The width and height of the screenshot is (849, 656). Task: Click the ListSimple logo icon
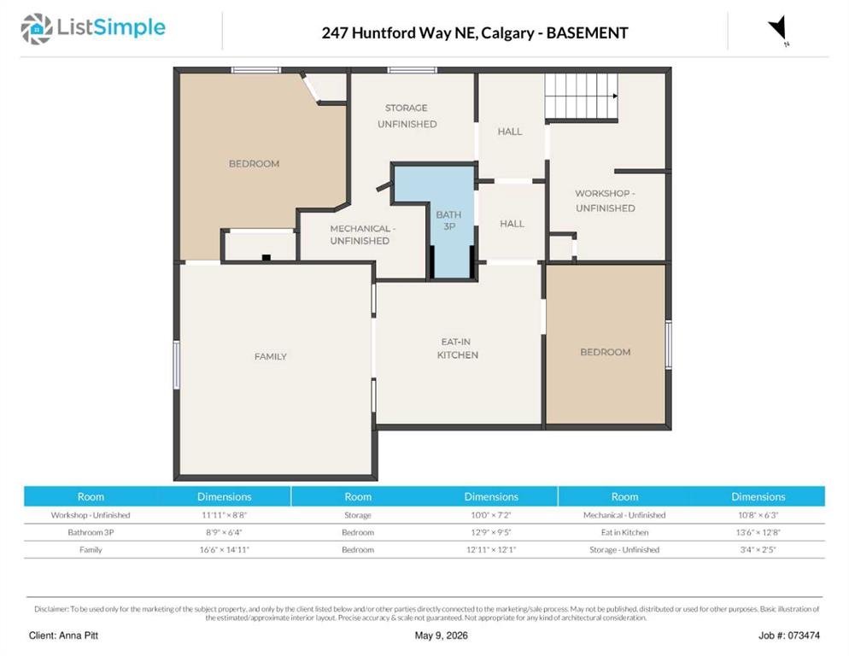coord(36,29)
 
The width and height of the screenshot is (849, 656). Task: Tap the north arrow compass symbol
coord(778,29)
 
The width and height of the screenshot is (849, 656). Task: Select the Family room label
coord(270,356)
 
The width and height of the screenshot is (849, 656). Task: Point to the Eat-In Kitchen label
coord(458,348)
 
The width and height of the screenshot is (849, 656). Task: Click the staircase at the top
coord(582,97)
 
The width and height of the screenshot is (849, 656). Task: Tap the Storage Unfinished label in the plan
coord(407,116)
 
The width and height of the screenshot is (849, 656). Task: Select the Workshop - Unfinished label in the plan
coord(605,201)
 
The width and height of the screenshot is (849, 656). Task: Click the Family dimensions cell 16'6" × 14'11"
coord(224,549)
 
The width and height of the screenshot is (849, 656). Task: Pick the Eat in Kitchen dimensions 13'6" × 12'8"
coord(758,532)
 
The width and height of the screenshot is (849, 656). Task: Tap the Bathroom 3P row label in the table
coord(91,532)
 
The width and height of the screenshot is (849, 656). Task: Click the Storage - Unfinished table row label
coord(624,549)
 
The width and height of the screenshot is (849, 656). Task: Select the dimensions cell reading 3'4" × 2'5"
coord(758,549)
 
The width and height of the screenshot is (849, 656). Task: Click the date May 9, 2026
coord(441,635)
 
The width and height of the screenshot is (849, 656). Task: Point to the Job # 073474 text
coord(789,635)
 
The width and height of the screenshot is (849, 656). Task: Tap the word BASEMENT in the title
coord(587,33)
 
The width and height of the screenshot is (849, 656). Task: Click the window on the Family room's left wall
coord(177,365)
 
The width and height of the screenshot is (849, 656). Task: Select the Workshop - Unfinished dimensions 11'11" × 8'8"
coord(224,514)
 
